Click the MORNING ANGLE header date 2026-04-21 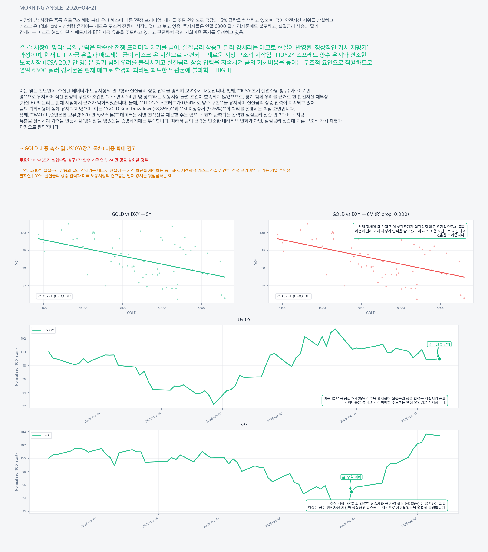(x=81, y=8)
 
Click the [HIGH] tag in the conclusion (x=222, y=70)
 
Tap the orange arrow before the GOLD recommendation (x=21, y=148)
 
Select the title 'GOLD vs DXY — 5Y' (x=132, y=214)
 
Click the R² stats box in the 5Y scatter (x=54, y=296)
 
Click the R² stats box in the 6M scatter (x=293, y=296)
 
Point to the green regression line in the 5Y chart (x=132, y=258)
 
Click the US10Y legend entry (x=43, y=330)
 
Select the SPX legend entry (x=41, y=435)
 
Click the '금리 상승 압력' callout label (x=439, y=344)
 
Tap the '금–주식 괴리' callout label (x=351, y=477)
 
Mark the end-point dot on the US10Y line (x=439, y=359)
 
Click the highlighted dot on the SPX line (x=351, y=492)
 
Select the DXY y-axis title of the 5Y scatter (x=17, y=262)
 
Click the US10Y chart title (x=244, y=320)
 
